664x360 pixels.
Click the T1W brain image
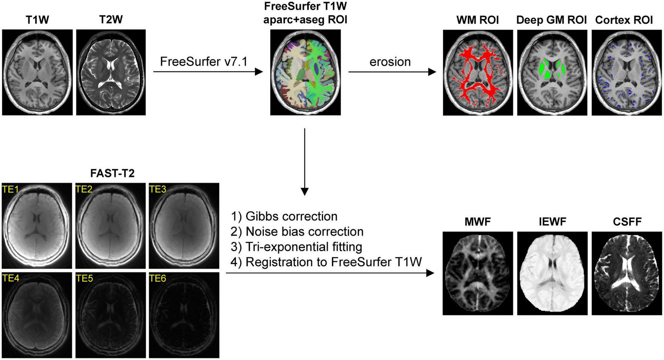tap(37, 72)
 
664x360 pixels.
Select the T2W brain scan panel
tap(111, 72)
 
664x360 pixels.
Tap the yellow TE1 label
tap(10, 190)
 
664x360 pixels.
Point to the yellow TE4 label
tap(10, 278)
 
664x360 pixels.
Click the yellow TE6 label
tap(157, 278)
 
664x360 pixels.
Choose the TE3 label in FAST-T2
tap(157, 190)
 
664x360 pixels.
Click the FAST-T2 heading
tap(112, 173)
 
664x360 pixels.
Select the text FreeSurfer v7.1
tap(203, 61)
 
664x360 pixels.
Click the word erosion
tap(390, 62)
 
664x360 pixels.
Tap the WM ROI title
tap(477, 20)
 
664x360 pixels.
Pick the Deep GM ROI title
tap(551, 20)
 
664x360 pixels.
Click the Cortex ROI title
tap(624, 20)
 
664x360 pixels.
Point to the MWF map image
tap(477, 273)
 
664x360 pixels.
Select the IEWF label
tap(552, 222)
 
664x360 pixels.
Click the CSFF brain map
tap(627, 273)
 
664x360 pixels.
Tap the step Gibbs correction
tap(284, 217)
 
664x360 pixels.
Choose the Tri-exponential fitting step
tap(296, 247)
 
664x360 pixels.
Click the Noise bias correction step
tap(297, 232)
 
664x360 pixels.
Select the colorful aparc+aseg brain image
tap(305, 72)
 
